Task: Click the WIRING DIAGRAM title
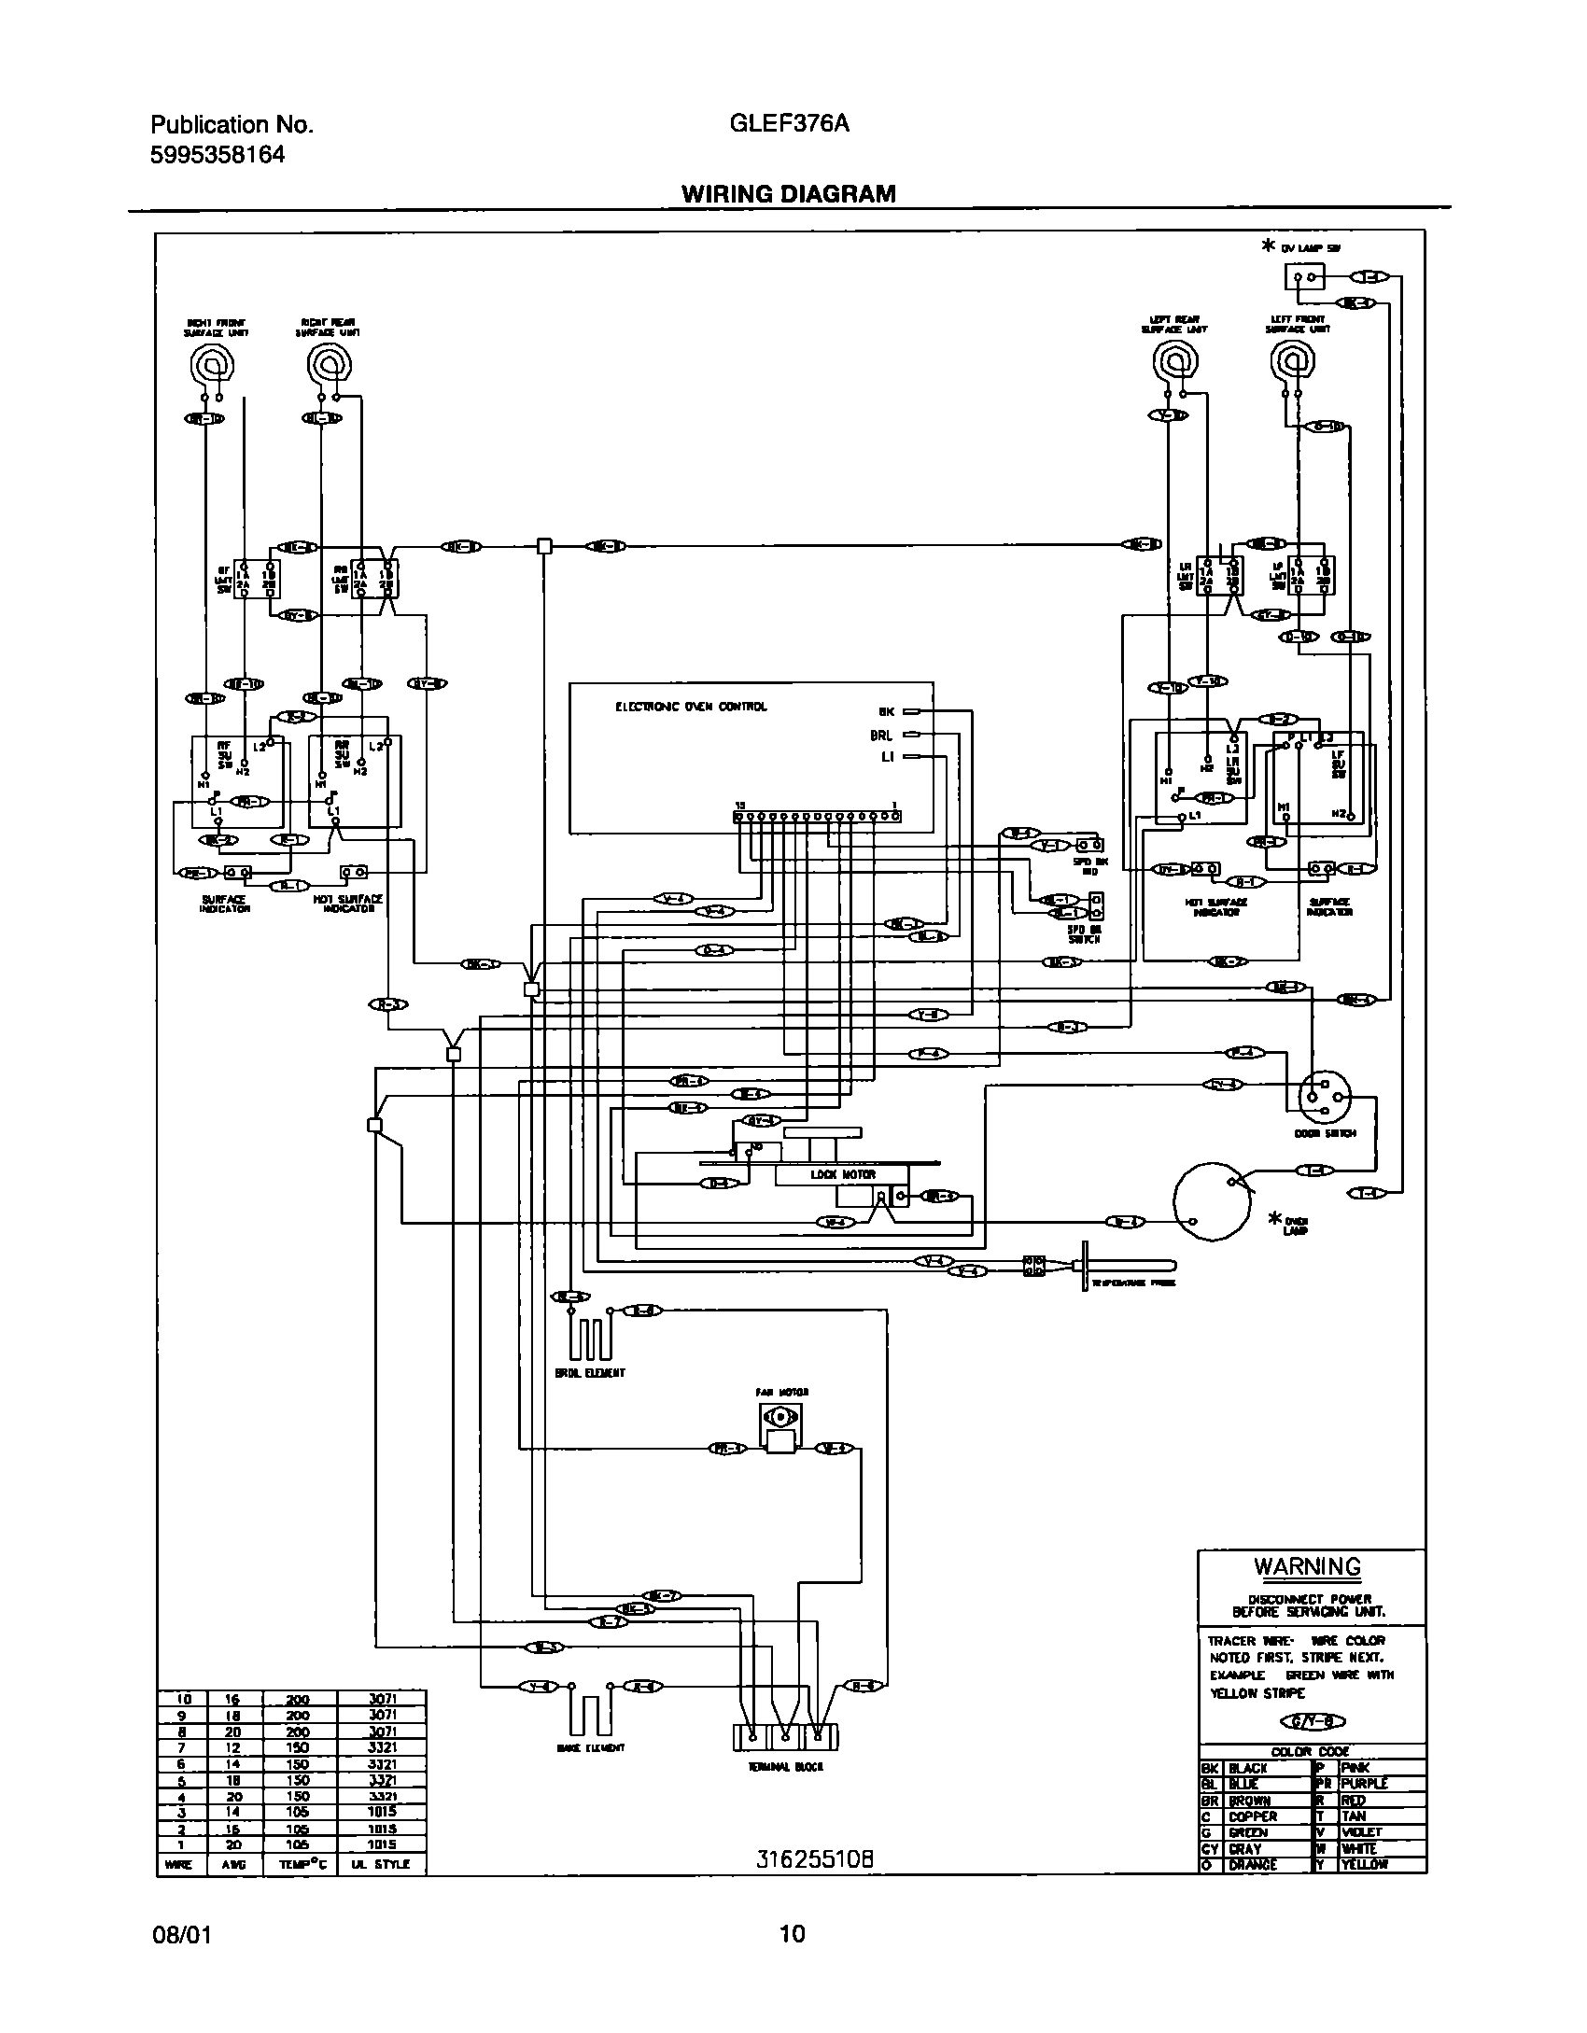click(788, 193)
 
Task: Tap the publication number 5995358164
click(217, 155)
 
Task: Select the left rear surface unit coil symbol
click(1173, 361)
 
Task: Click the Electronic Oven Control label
click(690, 707)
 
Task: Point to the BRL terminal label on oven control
click(880, 736)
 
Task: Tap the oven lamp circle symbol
click(1212, 1201)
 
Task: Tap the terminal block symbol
click(785, 1737)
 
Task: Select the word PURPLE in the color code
click(1364, 1783)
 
